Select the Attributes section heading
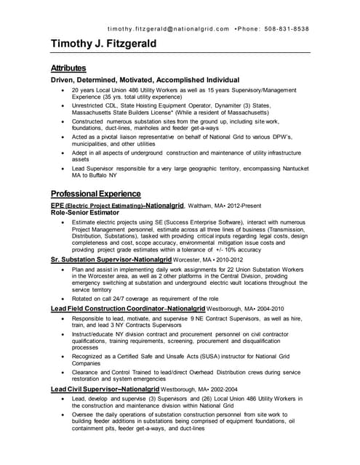click(x=68, y=68)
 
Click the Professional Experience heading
click(x=95, y=194)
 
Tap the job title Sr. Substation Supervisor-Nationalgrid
click(x=111, y=259)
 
